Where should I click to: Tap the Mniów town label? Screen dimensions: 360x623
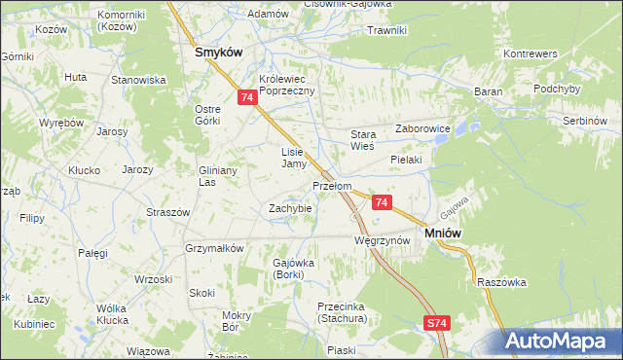click(443, 233)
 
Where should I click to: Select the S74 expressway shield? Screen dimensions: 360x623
click(436, 321)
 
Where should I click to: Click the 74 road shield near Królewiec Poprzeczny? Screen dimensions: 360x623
click(247, 97)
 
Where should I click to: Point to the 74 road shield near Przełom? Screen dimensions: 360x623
click(382, 202)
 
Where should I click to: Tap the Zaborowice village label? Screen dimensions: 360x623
click(421, 127)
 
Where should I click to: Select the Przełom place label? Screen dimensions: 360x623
click(331, 185)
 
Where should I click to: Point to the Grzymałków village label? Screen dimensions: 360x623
click(214, 248)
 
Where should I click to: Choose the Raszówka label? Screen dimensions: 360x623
click(502, 282)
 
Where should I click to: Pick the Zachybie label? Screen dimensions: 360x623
click(290, 208)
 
